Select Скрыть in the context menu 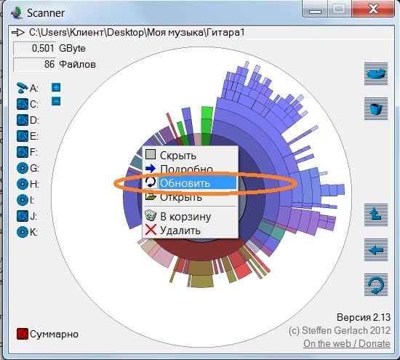pos(178,155)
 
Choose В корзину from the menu pos(185,216)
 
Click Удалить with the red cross pos(180,231)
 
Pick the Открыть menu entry pos(181,197)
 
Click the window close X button pos(373,9)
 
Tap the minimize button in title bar pos(316,9)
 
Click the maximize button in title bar pos(340,9)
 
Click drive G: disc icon pos(23,168)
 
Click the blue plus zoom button pos(56,87)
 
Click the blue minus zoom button pos(56,101)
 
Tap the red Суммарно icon pos(23,334)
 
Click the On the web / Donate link pos(347,343)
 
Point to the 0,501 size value pos(43,48)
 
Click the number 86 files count pos(49,64)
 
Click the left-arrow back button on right pos(376,249)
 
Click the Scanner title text pos(46,13)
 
